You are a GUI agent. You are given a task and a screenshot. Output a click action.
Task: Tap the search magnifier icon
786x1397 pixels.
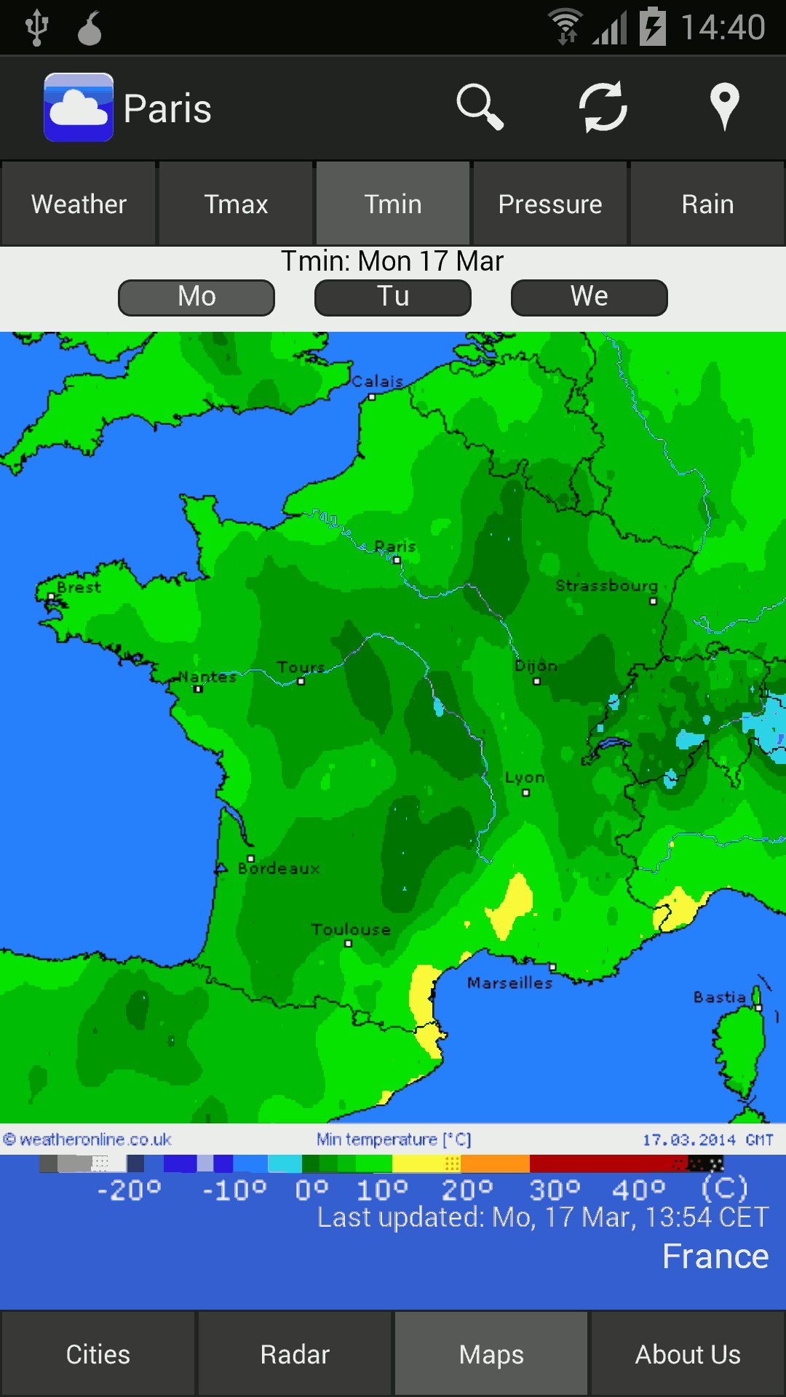click(x=480, y=108)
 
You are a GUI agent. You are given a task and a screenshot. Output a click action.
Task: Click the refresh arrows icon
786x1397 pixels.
click(x=603, y=108)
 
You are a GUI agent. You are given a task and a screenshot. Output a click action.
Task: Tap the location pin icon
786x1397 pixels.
click(x=724, y=106)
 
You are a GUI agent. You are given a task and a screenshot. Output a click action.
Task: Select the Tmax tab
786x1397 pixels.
click(x=236, y=204)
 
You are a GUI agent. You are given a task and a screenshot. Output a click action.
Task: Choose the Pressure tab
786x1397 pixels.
click(x=550, y=204)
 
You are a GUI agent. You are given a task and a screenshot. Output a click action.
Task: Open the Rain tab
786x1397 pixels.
click(x=707, y=204)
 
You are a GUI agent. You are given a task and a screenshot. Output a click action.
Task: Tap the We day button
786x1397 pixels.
click(x=589, y=297)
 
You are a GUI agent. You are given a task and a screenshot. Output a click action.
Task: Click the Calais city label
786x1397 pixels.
click(x=377, y=381)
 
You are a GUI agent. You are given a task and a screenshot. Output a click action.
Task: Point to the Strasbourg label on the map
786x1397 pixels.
click(x=606, y=586)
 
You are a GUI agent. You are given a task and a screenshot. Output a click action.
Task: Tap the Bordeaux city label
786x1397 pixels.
click(x=279, y=869)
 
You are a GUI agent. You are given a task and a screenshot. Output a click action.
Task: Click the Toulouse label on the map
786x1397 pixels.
click(x=351, y=930)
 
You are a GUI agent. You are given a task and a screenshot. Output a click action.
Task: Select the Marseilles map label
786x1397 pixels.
click(x=509, y=983)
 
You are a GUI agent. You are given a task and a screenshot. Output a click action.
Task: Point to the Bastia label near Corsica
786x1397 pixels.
click(x=719, y=997)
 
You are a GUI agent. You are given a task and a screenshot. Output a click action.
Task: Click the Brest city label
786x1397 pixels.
click(x=79, y=587)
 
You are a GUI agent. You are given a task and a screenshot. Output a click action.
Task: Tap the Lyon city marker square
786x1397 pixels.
click(x=525, y=793)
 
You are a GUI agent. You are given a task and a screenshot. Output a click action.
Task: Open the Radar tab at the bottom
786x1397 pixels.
click(x=295, y=1354)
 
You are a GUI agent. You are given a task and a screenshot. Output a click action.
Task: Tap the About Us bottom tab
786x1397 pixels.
click(x=688, y=1354)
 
